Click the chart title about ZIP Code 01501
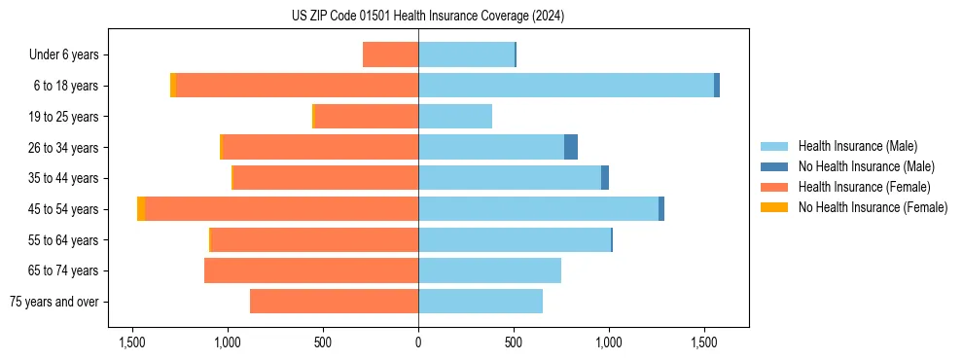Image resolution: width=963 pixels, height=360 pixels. tap(427, 16)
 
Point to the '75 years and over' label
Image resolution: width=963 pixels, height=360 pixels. tap(54, 302)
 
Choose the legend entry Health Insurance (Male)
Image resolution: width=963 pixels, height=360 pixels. tap(857, 146)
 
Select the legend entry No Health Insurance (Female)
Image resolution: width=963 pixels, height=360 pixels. tap(873, 207)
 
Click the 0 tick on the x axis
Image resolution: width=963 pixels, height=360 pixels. tap(418, 342)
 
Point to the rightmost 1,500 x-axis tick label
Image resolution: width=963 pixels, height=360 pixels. tap(704, 342)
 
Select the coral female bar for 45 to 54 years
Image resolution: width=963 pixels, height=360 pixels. tap(281, 209)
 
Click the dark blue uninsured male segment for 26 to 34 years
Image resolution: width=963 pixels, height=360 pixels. tap(571, 147)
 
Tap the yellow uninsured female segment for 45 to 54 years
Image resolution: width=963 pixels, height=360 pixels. tap(141, 209)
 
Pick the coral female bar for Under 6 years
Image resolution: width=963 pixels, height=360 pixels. tap(390, 54)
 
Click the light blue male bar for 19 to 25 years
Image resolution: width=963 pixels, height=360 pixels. tap(455, 117)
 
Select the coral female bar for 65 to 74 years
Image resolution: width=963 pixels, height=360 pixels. tap(311, 270)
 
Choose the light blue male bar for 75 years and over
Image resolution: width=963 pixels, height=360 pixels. tap(481, 302)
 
